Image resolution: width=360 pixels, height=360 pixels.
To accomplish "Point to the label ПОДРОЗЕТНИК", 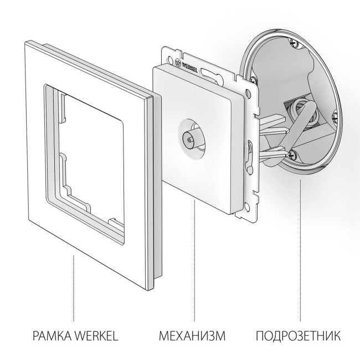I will [299, 336].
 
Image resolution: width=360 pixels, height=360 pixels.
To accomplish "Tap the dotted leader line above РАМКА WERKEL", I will [75, 288].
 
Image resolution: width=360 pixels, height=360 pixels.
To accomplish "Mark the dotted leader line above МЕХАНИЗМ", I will [194, 260].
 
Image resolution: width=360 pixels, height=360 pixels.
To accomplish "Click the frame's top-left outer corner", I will [24, 42].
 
